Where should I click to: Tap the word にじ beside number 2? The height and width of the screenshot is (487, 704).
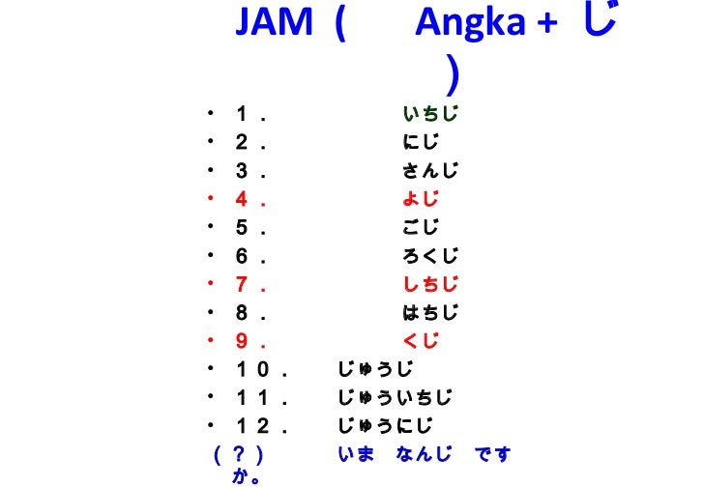pyautogui.click(x=421, y=144)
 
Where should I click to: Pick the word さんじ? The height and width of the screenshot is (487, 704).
pyautogui.click(x=430, y=172)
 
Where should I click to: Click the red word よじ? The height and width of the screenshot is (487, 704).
pyautogui.click(x=421, y=200)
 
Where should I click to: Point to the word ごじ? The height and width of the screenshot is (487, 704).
pyautogui.click(x=421, y=228)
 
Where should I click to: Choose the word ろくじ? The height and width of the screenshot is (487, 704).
pyautogui.click(x=430, y=256)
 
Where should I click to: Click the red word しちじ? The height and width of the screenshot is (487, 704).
pyautogui.click(x=430, y=284)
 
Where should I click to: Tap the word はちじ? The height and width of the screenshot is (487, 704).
pyautogui.click(x=430, y=312)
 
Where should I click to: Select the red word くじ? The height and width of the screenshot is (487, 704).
pyautogui.click(x=421, y=340)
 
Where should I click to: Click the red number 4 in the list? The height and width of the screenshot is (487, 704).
pyautogui.click(x=242, y=200)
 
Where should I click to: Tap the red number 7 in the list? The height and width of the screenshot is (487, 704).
pyautogui.click(x=242, y=284)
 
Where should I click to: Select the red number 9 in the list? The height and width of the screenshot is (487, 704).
pyautogui.click(x=242, y=340)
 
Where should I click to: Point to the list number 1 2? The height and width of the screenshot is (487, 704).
pyautogui.click(x=254, y=425)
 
